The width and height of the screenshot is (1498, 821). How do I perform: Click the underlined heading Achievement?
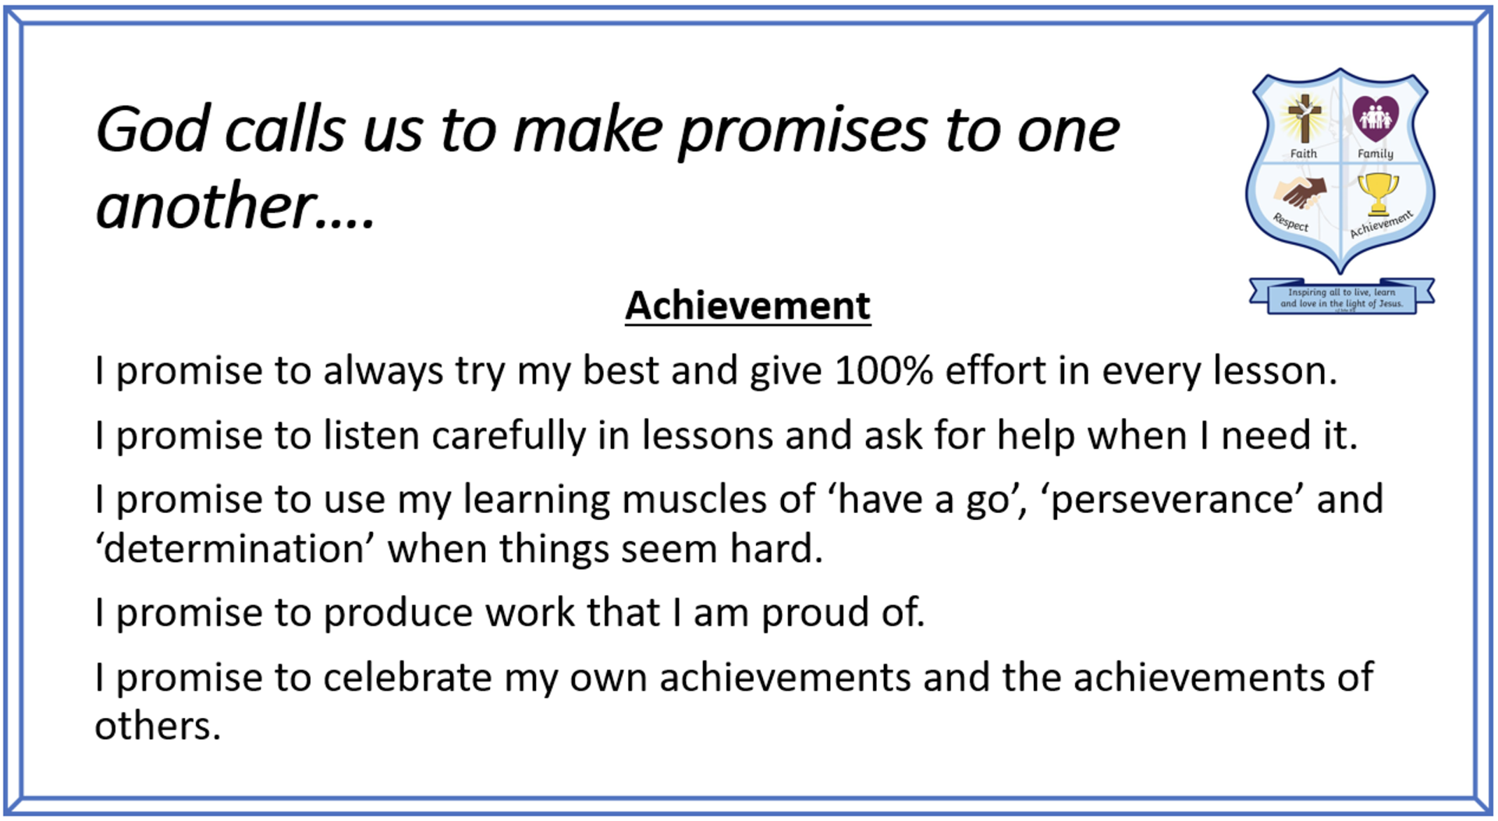click(x=747, y=306)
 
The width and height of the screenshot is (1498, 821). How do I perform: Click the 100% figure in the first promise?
click(x=884, y=370)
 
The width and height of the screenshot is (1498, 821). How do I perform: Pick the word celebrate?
click(x=407, y=677)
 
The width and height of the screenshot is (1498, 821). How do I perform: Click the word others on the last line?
click(x=158, y=726)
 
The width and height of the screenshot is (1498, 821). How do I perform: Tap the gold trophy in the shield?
click(x=1378, y=194)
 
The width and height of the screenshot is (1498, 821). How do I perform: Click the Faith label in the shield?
click(x=1303, y=154)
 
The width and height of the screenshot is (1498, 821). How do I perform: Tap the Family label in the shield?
click(x=1375, y=154)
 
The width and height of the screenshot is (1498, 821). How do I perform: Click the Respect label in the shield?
click(x=1290, y=222)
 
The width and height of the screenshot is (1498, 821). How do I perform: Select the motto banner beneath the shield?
click(x=1341, y=297)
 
